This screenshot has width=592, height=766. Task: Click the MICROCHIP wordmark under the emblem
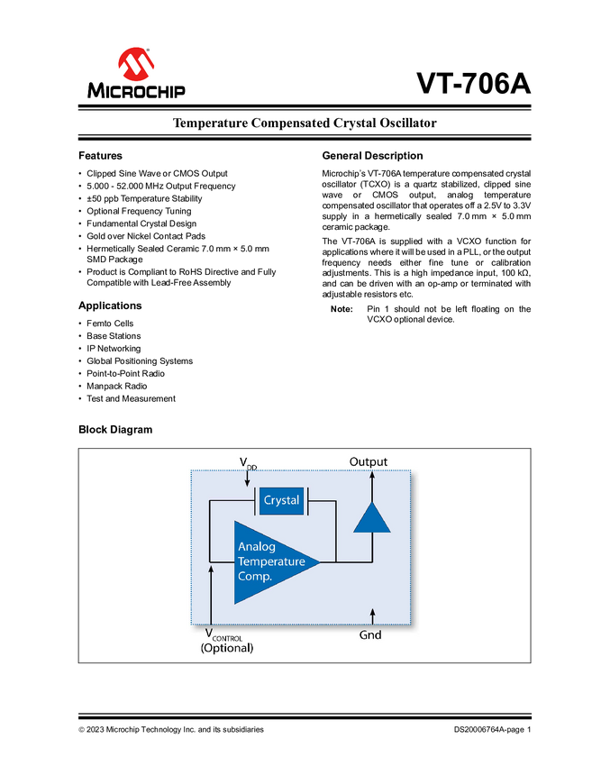click(x=136, y=90)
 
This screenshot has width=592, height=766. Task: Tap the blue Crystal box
click(x=281, y=500)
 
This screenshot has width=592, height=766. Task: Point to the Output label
click(x=369, y=462)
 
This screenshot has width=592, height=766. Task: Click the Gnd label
click(x=370, y=634)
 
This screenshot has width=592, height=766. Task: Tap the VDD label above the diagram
click(x=248, y=463)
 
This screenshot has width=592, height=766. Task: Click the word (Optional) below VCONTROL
click(x=226, y=648)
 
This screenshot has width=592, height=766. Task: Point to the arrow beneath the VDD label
click(x=248, y=479)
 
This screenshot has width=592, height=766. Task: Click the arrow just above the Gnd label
click(x=373, y=616)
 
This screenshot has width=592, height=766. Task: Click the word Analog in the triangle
click(x=257, y=547)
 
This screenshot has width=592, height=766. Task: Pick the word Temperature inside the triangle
click(x=271, y=561)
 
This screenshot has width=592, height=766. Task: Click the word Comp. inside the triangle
click(x=255, y=576)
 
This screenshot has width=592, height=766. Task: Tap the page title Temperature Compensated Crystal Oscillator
click(x=305, y=125)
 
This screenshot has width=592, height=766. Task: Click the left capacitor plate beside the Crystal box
click(x=257, y=500)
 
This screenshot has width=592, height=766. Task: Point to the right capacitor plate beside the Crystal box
click(x=307, y=500)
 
